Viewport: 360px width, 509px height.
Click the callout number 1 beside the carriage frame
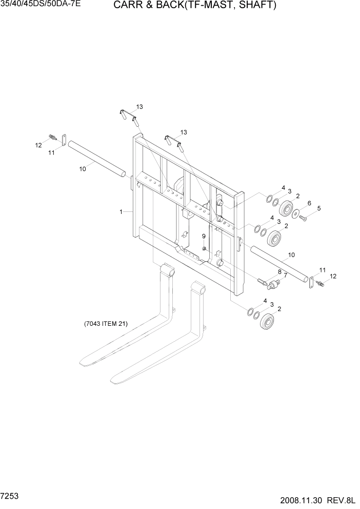121,211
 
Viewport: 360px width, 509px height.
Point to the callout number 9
204,236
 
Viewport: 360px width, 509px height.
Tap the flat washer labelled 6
295,213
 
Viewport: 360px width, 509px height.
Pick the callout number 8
279,272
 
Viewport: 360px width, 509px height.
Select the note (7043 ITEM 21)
106,324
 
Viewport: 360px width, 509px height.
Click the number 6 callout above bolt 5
309,203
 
